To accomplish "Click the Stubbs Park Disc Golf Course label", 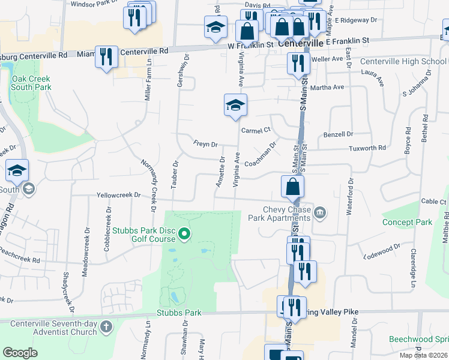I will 144,235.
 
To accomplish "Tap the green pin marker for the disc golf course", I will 185,235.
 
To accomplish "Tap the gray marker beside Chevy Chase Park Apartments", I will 320,212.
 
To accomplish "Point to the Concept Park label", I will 407,222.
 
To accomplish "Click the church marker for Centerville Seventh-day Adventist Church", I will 106,327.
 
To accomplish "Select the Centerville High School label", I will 403,62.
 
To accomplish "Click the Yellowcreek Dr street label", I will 118,195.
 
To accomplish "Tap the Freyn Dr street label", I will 205,144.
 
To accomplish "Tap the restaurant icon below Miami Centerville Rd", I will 107,57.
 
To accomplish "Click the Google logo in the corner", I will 20,353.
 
